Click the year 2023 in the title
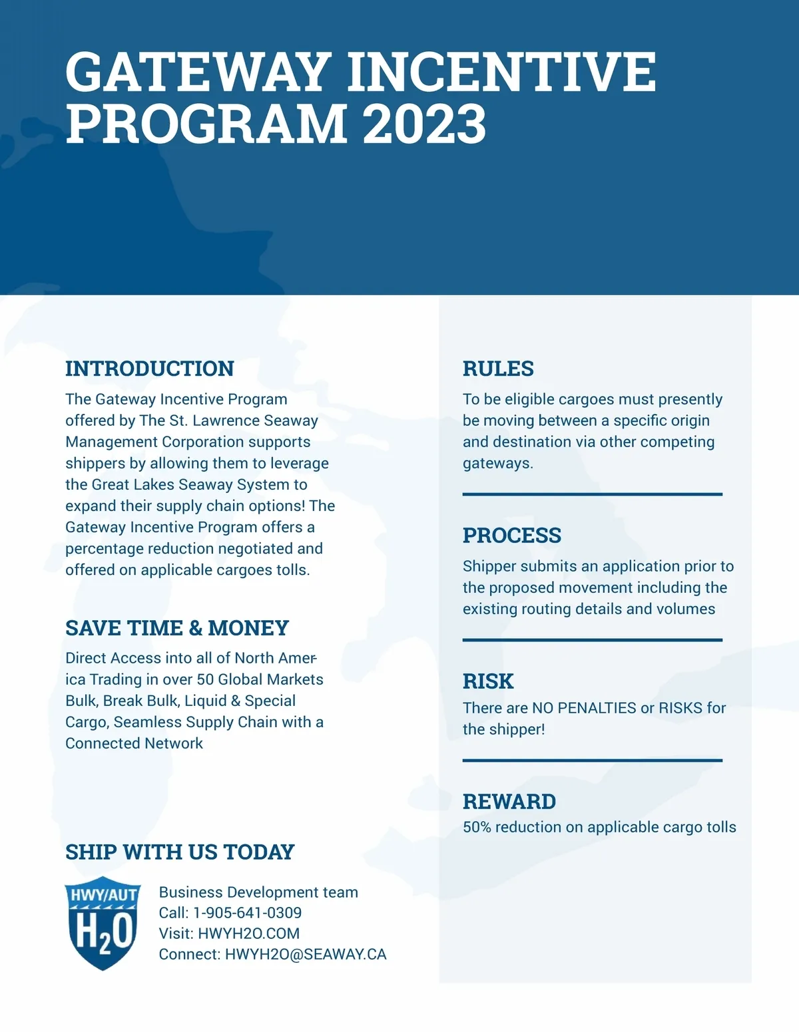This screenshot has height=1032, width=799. point(425,124)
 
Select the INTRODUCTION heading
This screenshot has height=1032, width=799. point(150,369)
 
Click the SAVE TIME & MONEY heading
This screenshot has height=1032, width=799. point(177,627)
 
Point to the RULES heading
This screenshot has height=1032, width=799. point(498,369)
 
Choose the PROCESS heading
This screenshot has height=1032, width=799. point(512,535)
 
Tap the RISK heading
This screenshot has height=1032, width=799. point(488,681)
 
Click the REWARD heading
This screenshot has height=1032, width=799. point(509,801)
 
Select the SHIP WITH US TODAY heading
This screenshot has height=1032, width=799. point(180,852)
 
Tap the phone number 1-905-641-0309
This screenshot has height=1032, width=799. point(247,913)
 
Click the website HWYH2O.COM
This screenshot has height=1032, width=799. point(248,934)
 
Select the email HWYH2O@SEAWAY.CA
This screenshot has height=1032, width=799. point(306,954)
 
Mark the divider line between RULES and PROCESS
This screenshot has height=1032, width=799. point(593,494)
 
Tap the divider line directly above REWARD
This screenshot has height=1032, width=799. point(593,760)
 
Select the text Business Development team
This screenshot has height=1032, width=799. point(258,892)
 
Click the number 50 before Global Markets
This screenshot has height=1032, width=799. point(205,679)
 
